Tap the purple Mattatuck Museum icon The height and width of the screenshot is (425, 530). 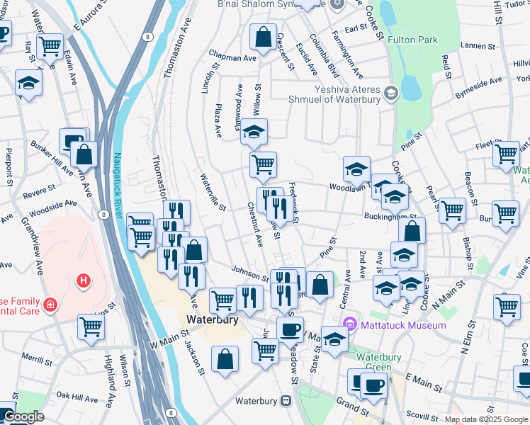tap(348, 325)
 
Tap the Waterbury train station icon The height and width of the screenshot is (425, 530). tap(286, 400)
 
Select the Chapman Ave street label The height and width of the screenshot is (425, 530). tap(232, 57)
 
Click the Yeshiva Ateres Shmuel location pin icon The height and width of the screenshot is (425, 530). tap(390, 93)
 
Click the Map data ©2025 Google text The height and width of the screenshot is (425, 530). tap(486, 419)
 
